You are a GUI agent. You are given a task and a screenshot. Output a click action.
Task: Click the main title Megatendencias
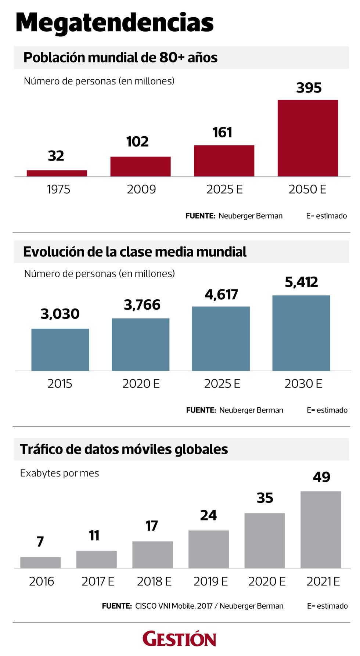coord(115,23)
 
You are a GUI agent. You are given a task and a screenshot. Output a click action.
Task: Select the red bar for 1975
coord(57,173)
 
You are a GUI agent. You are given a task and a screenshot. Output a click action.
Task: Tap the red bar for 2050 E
coord(307,138)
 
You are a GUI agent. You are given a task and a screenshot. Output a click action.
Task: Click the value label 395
coord(309,88)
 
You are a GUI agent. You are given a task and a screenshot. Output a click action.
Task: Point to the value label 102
coord(137,142)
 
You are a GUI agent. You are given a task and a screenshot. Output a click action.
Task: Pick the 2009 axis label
coord(141,190)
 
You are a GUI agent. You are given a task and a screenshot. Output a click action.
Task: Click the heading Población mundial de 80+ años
coord(120,58)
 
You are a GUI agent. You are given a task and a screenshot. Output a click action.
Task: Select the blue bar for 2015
coord(60,349)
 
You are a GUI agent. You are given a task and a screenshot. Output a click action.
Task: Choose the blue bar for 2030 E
coord(301,333)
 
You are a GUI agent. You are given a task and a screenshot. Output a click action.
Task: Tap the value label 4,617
coord(222,295)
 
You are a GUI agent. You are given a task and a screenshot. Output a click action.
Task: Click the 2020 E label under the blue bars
coord(141,384)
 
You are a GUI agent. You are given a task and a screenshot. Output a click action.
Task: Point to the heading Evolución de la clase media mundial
coord(135,252)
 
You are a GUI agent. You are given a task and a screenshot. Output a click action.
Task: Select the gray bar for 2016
coord(40,562)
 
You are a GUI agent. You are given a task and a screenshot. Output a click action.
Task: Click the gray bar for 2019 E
coord(209,549)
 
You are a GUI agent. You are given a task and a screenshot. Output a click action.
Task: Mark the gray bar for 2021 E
coord(321,529)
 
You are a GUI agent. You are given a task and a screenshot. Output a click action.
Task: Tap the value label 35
coord(265,498)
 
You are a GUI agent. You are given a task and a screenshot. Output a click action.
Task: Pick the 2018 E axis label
coord(154,581)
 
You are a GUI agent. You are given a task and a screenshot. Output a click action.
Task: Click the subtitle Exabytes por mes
coord(60,473)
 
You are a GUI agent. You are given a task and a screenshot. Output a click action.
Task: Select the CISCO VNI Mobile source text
coord(209,606)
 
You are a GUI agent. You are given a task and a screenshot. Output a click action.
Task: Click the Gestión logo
coord(179,639)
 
